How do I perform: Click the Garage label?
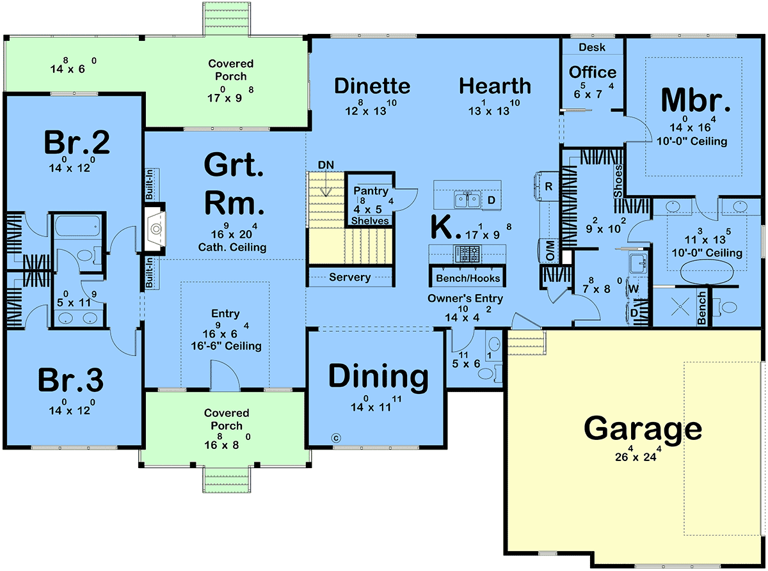pyautogui.click(x=643, y=430)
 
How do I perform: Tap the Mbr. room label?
pyautogui.click(x=696, y=100)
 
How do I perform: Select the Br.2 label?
pyautogui.click(x=77, y=142)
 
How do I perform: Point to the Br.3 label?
pyautogui.click(x=70, y=380)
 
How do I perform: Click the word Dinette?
pyautogui.click(x=372, y=86)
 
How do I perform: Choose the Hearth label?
pyautogui.click(x=495, y=86)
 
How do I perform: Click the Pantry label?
pyautogui.click(x=371, y=191)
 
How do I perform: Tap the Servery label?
pyautogui.click(x=349, y=277)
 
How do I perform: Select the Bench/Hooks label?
pyautogui.click(x=468, y=278)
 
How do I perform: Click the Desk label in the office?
pyautogui.click(x=592, y=47)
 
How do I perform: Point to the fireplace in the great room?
pyautogui.click(x=155, y=229)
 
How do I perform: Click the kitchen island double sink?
pyautogui.click(x=467, y=200)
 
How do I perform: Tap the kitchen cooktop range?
pyautogui.click(x=467, y=254)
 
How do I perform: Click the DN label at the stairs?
pyautogui.click(x=326, y=165)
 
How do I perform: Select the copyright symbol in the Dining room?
pyautogui.click(x=336, y=438)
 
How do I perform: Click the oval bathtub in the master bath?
pyautogui.click(x=707, y=272)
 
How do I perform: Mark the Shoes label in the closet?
pyautogui.click(x=618, y=182)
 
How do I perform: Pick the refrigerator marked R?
pyautogui.click(x=547, y=187)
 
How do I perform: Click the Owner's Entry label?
pyautogui.click(x=465, y=299)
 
